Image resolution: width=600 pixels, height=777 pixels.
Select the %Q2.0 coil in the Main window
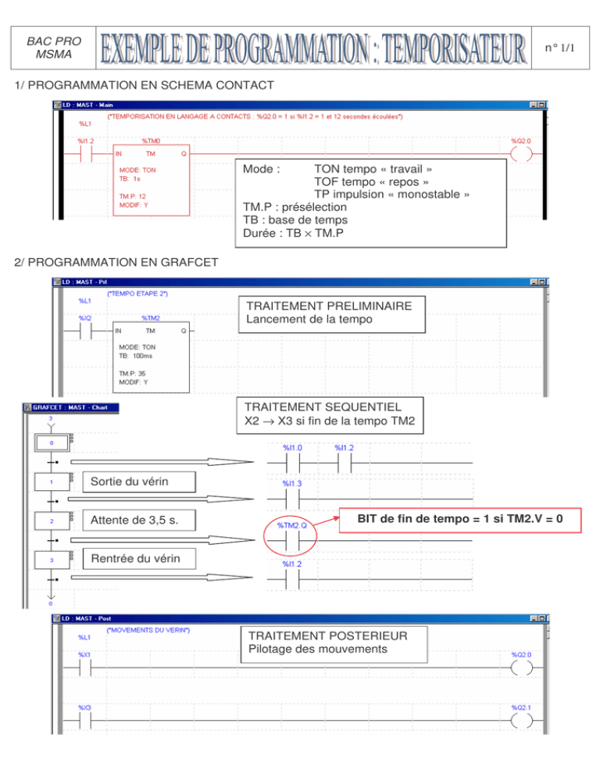521,153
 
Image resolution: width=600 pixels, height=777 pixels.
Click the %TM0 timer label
152,141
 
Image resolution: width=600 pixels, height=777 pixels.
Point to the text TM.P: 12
133,197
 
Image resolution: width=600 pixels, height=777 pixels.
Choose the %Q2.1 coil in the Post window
521,721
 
